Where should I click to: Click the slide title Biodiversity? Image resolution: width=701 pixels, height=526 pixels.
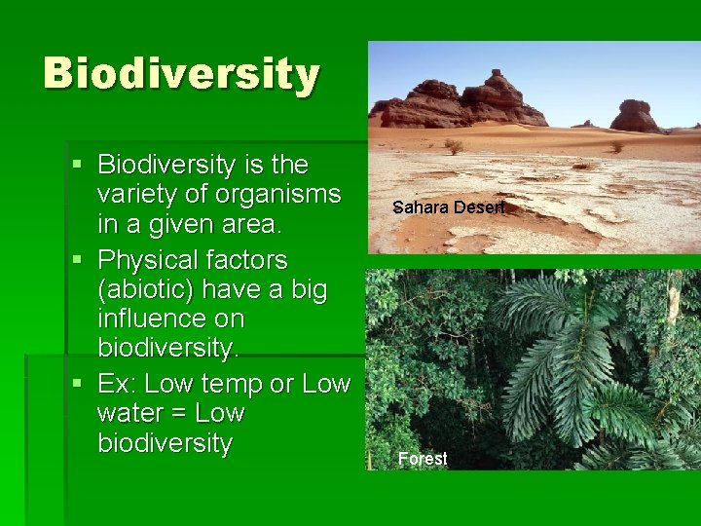181,74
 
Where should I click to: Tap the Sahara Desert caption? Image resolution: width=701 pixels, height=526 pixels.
449,207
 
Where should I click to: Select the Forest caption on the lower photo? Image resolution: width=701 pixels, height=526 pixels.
423,459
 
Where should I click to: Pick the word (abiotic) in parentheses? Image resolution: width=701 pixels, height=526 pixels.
142,289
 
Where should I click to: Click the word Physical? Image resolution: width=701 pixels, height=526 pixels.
151,260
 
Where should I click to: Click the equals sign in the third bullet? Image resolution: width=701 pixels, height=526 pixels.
176,413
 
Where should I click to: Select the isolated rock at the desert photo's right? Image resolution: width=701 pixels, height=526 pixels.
635,116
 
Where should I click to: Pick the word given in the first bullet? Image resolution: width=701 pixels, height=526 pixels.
170,225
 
